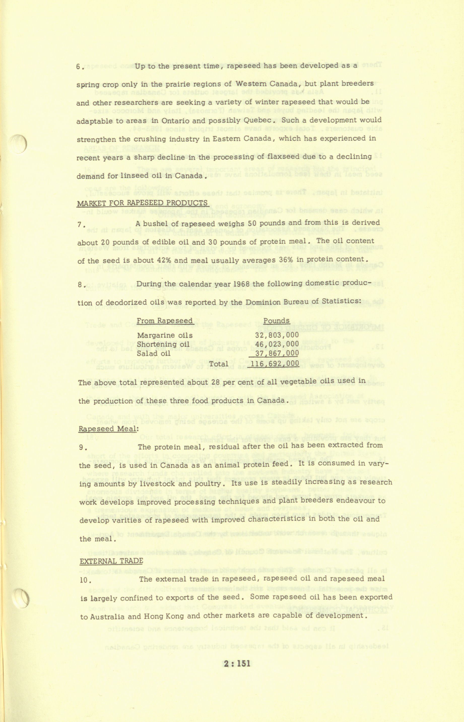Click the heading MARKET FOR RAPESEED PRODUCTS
click(x=142, y=203)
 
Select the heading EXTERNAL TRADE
click(x=111, y=561)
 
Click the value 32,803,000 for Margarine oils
click(x=277, y=335)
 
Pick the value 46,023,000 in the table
click(x=277, y=344)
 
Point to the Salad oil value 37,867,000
click(x=277, y=353)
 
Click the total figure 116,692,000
click(x=275, y=364)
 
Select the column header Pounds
click(x=276, y=321)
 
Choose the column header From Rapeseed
click(x=164, y=321)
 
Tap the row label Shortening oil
click(x=163, y=344)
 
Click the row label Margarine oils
click(x=164, y=335)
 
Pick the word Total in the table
click(x=219, y=364)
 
